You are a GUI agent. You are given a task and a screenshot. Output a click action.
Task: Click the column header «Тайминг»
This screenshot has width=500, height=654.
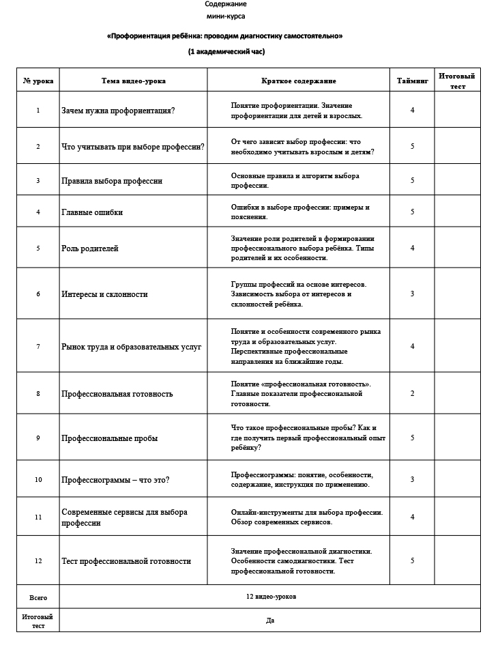(x=412, y=81)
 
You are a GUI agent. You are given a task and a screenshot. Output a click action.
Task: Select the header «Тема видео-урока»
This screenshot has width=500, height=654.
(x=133, y=81)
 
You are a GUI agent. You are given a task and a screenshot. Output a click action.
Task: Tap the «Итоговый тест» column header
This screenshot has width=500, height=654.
(x=456, y=81)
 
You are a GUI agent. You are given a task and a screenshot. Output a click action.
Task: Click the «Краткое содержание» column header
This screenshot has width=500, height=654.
(x=298, y=81)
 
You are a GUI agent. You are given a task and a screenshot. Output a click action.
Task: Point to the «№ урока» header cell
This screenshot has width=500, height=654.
(x=38, y=81)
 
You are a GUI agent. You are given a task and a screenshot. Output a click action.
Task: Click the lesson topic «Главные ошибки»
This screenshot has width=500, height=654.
(x=92, y=212)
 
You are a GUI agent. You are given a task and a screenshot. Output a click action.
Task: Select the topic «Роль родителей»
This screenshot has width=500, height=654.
(x=90, y=248)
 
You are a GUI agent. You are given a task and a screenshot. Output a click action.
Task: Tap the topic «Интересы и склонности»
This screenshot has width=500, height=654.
(x=104, y=294)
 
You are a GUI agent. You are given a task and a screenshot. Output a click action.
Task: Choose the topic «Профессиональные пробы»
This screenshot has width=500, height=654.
(x=109, y=438)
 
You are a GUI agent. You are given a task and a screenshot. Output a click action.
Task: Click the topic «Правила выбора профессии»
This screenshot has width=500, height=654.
(x=112, y=181)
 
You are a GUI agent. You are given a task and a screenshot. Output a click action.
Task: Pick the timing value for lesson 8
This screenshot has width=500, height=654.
(x=412, y=394)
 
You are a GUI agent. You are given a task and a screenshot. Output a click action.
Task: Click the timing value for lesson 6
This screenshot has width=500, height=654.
(x=412, y=294)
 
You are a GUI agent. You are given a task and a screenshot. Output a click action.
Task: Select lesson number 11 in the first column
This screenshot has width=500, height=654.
(x=38, y=517)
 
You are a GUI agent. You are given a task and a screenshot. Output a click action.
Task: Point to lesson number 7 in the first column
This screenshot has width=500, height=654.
(x=38, y=347)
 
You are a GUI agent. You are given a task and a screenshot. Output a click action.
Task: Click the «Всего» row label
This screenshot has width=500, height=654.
(x=38, y=597)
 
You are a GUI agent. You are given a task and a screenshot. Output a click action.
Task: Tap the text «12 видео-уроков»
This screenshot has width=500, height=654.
(x=271, y=597)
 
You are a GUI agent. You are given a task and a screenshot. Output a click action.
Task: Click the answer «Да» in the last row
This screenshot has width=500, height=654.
(x=271, y=621)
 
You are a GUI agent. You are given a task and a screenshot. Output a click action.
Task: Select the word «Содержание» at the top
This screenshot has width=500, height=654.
(x=226, y=4)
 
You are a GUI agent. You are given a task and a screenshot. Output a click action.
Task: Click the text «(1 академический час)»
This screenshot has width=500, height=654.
(x=226, y=52)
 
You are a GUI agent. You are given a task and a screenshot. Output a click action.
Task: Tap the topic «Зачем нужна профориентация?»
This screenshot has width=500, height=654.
(x=118, y=110)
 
